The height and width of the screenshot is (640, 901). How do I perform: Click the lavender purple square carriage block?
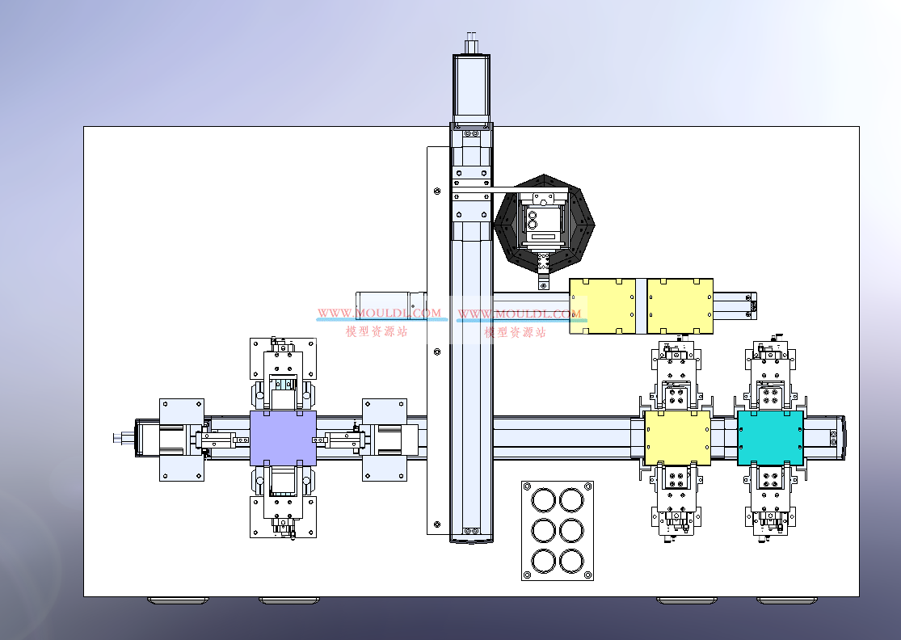point(283,437)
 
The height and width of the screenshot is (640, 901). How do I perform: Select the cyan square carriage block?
point(770,438)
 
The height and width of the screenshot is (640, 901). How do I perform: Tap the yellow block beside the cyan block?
point(677,438)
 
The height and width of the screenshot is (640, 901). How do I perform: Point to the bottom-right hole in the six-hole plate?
point(572,560)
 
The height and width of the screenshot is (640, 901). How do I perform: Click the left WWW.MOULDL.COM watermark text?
point(379,313)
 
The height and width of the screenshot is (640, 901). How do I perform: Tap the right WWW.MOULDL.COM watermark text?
point(520,313)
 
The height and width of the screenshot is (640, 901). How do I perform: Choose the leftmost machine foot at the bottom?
point(176,600)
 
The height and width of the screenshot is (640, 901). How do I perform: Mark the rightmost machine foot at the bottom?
point(785,600)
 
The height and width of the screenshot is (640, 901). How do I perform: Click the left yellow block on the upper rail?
point(602,306)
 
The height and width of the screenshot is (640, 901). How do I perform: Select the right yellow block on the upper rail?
point(680,306)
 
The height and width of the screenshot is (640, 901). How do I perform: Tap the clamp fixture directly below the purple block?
point(282,503)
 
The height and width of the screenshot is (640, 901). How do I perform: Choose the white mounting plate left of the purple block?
point(181,440)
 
